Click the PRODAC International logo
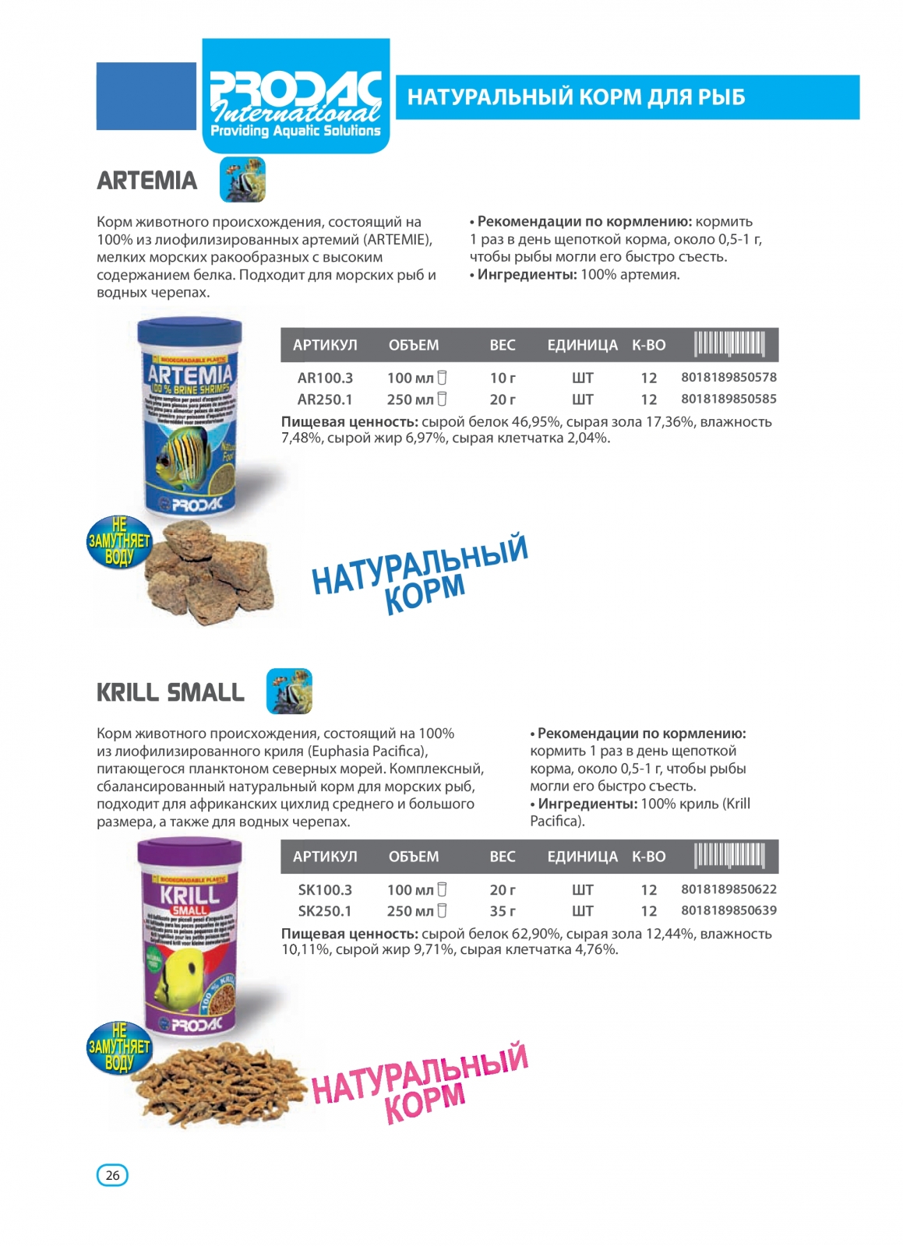click(295, 97)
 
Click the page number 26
click(112, 1175)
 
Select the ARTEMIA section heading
click(147, 181)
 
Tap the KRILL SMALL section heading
click(171, 692)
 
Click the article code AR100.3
click(325, 378)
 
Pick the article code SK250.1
click(325, 911)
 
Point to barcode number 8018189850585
click(728, 399)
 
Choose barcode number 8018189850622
click(728, 889)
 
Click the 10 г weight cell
click(503, 378)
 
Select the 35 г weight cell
click(503, 911)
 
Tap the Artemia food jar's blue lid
click(189, 330)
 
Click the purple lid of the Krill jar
click(189, 854)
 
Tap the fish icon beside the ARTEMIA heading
click(242, 179)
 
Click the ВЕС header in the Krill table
click(503, 857)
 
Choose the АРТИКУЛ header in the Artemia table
click(325, 345)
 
